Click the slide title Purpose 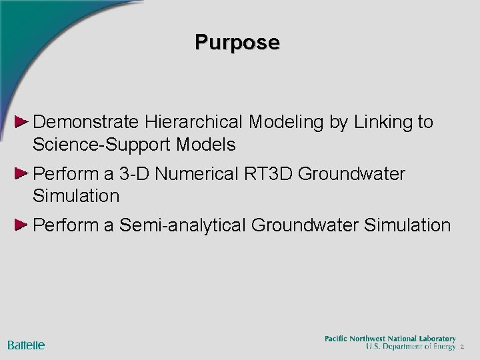pos(237,42)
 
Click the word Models pos(211,143)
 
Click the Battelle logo pos(26,345)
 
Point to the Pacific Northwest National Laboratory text pos(390,339)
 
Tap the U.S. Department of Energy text pos(411,347)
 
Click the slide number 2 pos(462,347)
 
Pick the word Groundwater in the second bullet pos(352,174)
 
